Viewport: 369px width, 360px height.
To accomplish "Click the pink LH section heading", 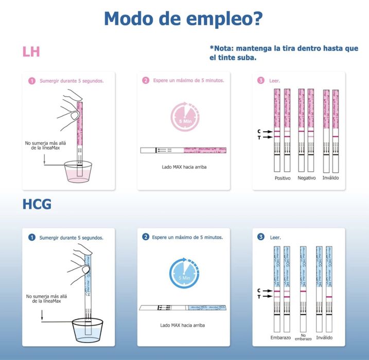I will click(x=31, y=51).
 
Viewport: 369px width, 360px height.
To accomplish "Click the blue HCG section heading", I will click(x=37, y=204).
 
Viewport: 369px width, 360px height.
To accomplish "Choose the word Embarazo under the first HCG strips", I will click(x=280, y=337).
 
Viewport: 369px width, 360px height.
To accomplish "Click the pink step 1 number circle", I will click(x=32, y=81).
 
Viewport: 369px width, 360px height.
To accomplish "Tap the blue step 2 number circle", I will click(x=146, y=238).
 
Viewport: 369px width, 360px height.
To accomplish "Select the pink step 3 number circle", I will click(x=261, y=81).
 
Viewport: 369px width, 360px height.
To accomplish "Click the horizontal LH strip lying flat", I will click(x=183, y=150).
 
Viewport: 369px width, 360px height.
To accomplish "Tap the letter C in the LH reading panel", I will click(x=259, y=131).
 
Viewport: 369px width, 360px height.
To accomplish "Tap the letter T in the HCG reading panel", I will click(x=259, y=297).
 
